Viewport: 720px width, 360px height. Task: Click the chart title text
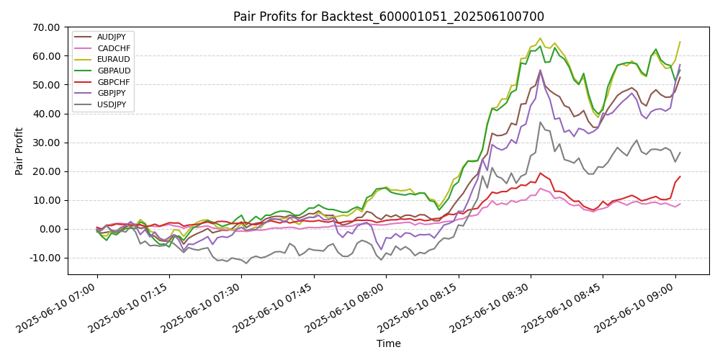tap(389, 16)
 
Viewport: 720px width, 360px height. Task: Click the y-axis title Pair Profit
tap(19, 151)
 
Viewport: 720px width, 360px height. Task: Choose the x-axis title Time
tap(389, 344)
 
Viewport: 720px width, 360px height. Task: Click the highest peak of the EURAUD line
tap(540, 38)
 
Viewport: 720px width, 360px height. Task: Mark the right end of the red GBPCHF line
tap(680, 176)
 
